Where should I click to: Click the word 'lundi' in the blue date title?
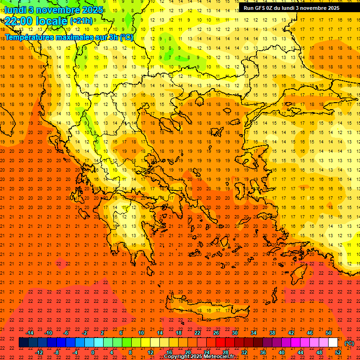coord(15,10)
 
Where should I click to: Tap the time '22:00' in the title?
coord(20,21)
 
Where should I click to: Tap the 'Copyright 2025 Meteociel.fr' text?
coord(199,357)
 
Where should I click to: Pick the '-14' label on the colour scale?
coord(30,333)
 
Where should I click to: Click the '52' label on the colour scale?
coord(338,352)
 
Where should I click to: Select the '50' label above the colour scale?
coord(329,333)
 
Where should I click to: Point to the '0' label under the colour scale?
coord(93,352)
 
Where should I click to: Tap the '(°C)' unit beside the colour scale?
coord(349,343)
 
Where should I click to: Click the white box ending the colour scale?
coord(333,343)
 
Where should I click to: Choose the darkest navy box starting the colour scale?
coord(23,343)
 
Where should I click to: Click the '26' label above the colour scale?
coord(216,333)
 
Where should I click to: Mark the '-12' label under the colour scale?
coord(39,352)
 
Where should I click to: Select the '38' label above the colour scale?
coord(272,333)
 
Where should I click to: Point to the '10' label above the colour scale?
coord(141,333)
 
